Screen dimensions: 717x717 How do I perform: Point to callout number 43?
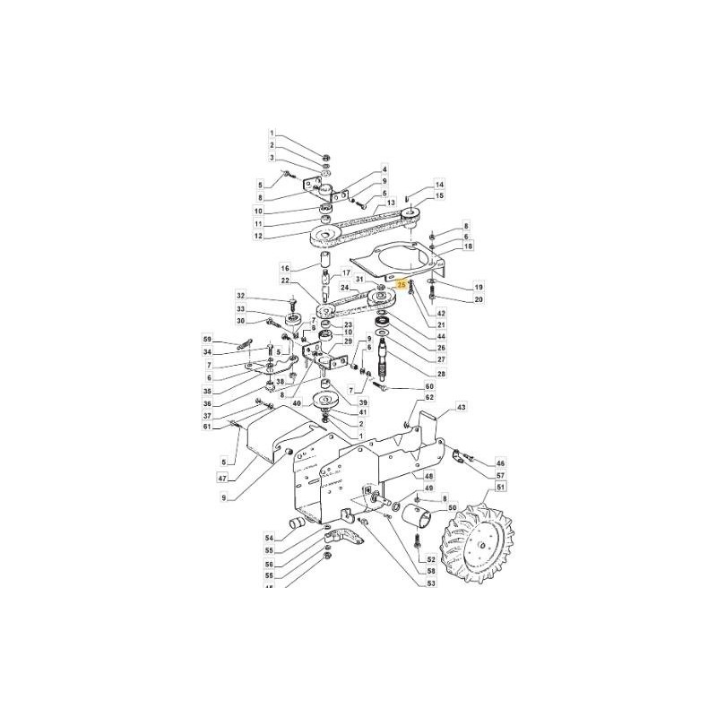pos(462,408)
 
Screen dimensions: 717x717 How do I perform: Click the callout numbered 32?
pos(240,295)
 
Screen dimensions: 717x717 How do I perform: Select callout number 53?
pos(430,583)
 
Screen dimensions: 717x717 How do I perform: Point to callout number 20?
pos(478,298)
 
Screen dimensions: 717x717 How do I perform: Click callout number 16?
pos(285,267)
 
